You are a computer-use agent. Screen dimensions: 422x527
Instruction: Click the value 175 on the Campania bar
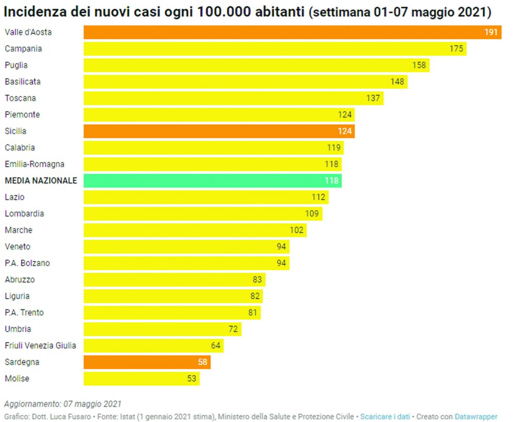coord(456,49)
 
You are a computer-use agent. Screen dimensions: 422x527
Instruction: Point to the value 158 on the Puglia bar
coord(419,65)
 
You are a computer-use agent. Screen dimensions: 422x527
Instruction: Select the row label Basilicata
coord(23,81)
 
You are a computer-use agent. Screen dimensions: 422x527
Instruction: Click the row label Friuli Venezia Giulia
coord(40,345)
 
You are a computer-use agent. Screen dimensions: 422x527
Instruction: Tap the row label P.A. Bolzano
coord(27,263)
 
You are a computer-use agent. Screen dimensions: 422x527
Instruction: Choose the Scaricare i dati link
coord(385,416)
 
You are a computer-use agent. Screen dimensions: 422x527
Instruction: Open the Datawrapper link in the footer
coord(476,416)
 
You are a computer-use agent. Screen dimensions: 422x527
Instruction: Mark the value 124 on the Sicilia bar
coord(344,131)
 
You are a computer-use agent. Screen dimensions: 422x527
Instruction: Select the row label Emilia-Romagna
coord(34,164)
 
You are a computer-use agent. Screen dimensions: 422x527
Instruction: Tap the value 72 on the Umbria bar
coord(233,329)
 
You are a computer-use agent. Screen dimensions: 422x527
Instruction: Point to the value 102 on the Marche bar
coord(296,230)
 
